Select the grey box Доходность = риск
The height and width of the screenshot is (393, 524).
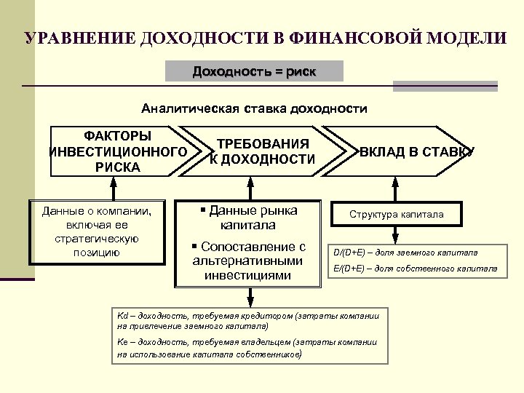(x=254, y=71)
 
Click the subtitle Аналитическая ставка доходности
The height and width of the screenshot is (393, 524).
(x=254, y=109)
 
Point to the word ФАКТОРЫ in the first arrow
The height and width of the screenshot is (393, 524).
(x=117, y=136)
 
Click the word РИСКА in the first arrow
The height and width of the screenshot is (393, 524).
(x=117, y=167)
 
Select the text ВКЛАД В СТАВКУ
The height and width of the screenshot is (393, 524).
(x=417, y=151)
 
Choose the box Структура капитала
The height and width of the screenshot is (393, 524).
(x=396, y=214)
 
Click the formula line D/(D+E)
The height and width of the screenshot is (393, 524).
(x=405, y=253)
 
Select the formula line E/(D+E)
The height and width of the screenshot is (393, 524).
(x=415, y=269)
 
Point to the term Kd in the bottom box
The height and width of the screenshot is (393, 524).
(x=122, y=316)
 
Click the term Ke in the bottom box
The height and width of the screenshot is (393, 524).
(x=122, y=341)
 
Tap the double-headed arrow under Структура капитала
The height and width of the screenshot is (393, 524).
(x=396, y=234)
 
